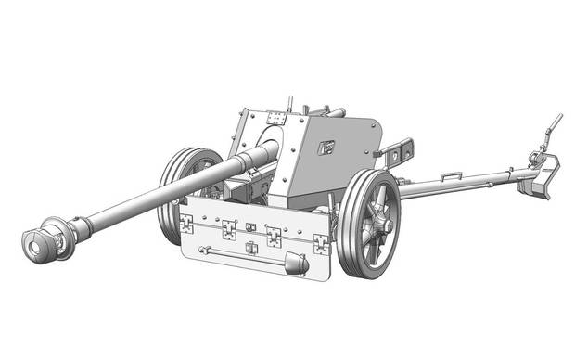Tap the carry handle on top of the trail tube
(452, 176)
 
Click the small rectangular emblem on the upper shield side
(326, 146)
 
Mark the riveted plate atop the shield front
(275, 118)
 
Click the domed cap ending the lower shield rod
(297, 264)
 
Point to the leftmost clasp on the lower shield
(186, 222)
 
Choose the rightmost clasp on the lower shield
(321, 242)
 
